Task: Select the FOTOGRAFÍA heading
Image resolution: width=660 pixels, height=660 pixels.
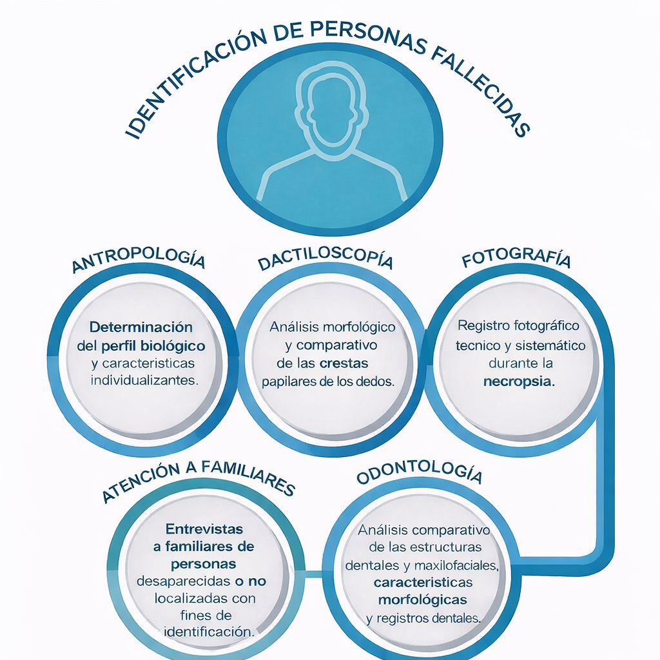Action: (516, 260)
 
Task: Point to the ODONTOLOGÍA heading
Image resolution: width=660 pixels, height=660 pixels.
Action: (419, 474)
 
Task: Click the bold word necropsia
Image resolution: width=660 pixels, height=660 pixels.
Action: (519, 381)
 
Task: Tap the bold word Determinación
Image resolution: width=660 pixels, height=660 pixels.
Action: (141, 327)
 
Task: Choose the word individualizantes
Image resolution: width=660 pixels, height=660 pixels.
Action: (143, 380)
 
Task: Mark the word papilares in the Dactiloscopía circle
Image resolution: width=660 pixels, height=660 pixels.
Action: (288, 381)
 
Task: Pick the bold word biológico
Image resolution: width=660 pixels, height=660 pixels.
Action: (169, 345)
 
